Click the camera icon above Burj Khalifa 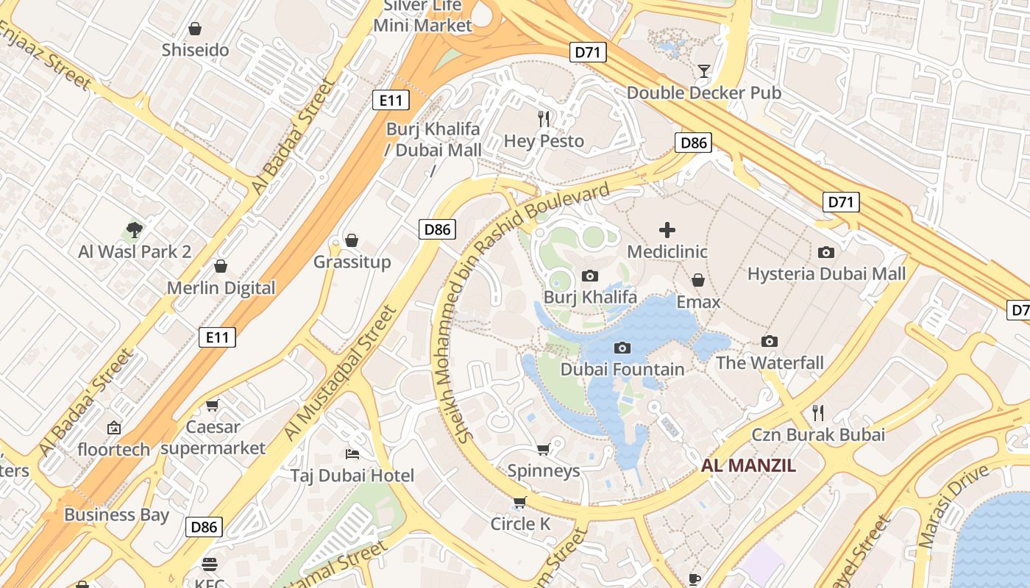[589, 276]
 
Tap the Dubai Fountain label [622, 369]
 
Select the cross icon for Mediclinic [667, 230]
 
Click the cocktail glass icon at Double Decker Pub [704, 71]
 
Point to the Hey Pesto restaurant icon [544, 119]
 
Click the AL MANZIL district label [748, 465]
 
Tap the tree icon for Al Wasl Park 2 [135, 230]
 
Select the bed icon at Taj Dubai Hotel [352, 453]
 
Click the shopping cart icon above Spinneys [543, 449]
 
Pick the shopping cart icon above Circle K [519, 503]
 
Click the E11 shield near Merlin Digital [218, 337]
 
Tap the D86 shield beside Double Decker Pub [693, 143]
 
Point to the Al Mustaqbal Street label [340, 373]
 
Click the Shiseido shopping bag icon [195, 29]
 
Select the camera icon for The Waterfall [770, 341]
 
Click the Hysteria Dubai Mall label [826, 274]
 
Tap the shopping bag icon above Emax [697, 280]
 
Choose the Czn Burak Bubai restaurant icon [817, 412]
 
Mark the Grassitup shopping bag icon [352, 240]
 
